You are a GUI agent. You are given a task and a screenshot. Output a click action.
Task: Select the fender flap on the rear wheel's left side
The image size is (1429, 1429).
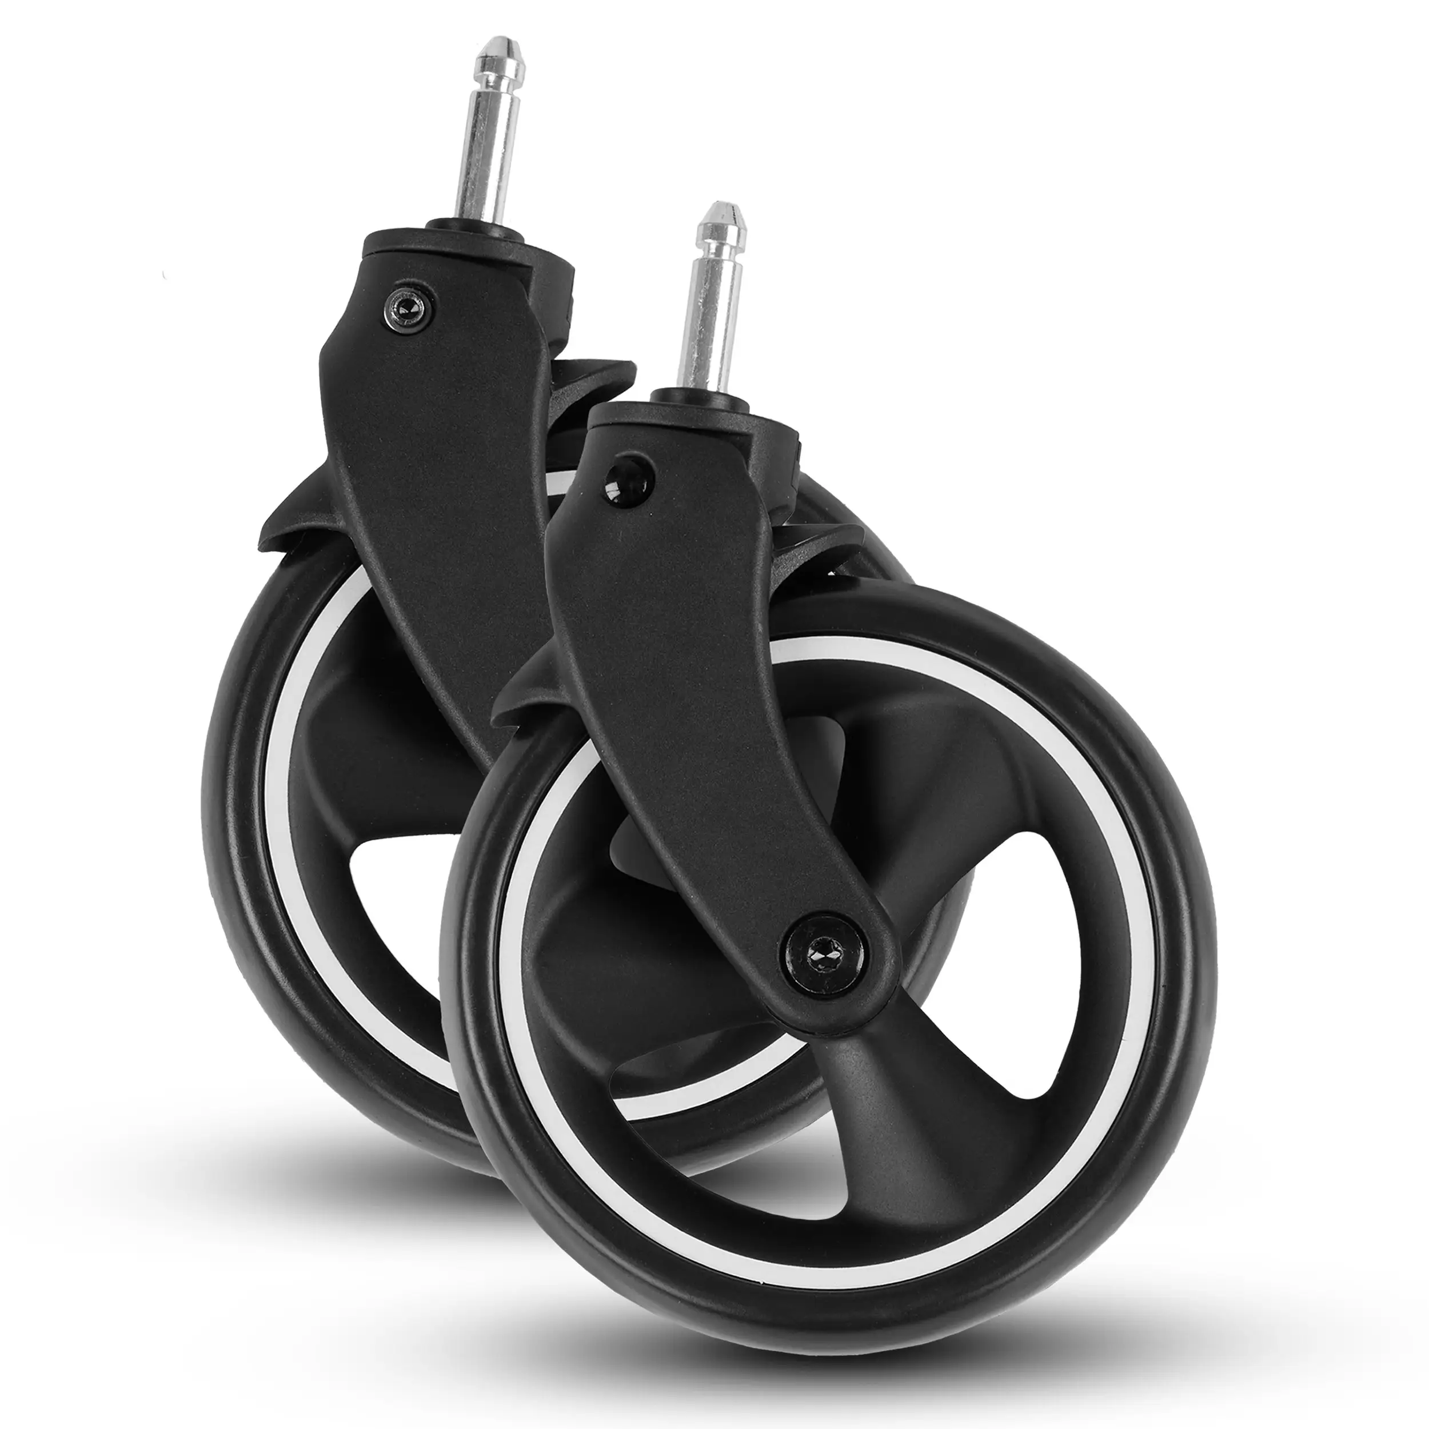click(x=296, y=518)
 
